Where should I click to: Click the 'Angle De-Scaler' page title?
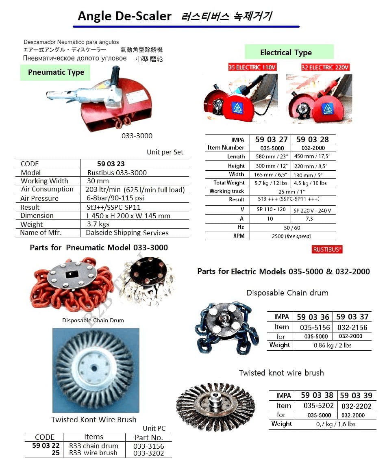[124, 16]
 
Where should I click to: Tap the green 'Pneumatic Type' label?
[56, 72]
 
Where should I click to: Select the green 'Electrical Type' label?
[286, 52]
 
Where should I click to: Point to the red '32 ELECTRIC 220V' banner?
[325, 67]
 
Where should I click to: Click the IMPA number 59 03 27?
[272, 139]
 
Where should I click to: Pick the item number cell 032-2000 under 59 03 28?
[313, 148]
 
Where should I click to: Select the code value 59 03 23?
[111, 164]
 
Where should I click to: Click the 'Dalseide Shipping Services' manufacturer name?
[127, 233]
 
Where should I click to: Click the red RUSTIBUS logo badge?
[327, 250]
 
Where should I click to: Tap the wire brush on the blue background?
[96, 370]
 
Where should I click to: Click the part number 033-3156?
[148, 446]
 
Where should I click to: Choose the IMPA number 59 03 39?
[356, 395]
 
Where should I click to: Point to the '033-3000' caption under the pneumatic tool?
[137, 136]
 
